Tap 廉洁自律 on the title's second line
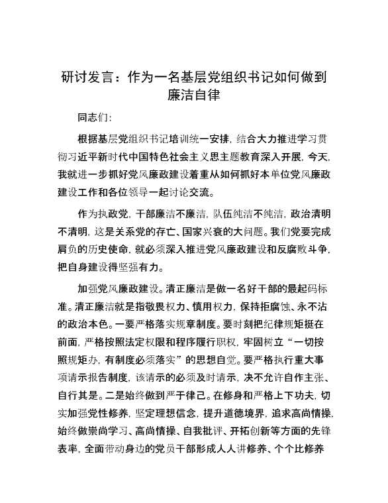(193, 95)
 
